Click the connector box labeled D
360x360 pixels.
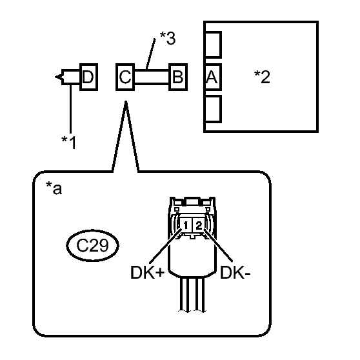pos(88,77)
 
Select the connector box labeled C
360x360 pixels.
pos(125,77)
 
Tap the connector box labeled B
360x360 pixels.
pos(178,77)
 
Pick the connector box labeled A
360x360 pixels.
pos(213,77)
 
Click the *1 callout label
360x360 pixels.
pos(68,143)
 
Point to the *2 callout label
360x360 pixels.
pos(262,77)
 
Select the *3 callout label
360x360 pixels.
pos(168,38)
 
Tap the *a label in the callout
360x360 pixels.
pos(54,188)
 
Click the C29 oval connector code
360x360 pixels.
pos(92,245)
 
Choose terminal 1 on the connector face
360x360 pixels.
pos(186,225)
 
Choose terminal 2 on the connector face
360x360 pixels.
pos(199,225)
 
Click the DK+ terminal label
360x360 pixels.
pos(147,273)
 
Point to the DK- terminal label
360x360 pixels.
pos(235,273)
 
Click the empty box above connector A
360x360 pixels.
pos(213,45)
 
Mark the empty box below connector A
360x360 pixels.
pos(213,109)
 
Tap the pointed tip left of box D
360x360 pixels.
pos(55,77)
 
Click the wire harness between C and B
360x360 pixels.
pos(152,77)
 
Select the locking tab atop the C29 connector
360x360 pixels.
pos(192,201)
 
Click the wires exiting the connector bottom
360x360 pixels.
pos(192,295)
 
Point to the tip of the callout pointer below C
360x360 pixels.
pos(126,101)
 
